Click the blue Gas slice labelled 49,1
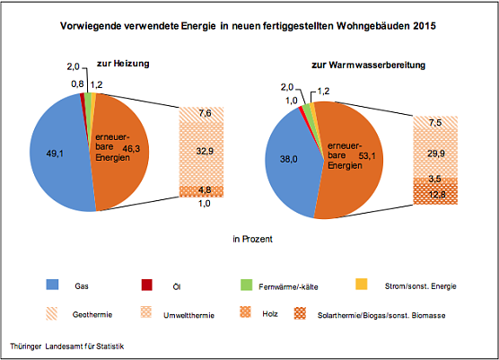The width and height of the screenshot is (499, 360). coord(54,153)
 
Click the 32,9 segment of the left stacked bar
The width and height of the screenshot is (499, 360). coord(204,152)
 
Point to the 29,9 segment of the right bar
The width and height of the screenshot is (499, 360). coord(434,152)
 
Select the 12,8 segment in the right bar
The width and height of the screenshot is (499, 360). coord(434,195)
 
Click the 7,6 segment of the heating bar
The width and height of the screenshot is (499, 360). coord(204,114)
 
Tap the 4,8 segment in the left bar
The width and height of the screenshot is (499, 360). coord(204,190)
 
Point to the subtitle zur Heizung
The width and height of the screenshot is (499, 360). coord(122,65)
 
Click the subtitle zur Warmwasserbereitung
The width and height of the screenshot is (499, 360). coord(368,65)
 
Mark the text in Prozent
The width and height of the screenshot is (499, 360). coord(252,240)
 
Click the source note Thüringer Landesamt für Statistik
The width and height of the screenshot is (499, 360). coord(67,346)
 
